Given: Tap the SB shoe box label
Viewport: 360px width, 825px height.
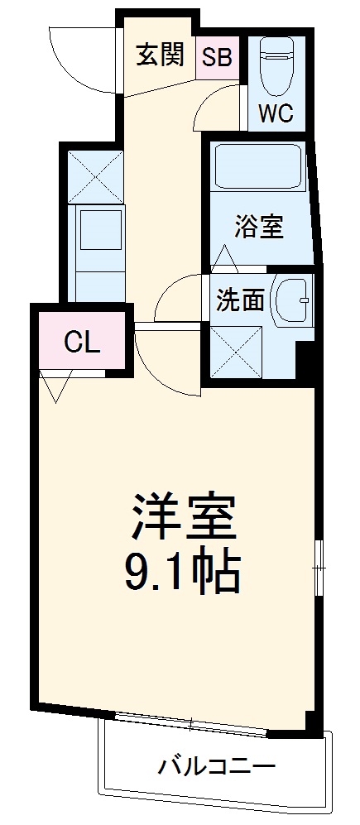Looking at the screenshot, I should (x=217, y=58).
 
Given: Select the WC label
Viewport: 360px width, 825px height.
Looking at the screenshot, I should (x=276, y=113).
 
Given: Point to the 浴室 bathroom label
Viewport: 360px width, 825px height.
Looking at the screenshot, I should (x=259, y=226).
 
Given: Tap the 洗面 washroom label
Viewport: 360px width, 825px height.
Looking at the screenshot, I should (x=240, y=300).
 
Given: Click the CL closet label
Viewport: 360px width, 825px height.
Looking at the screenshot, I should (x=82, y=342).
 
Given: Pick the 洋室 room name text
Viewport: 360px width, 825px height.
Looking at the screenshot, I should (x=182, y=518).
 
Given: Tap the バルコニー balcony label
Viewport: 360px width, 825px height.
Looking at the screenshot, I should (x=217, y=766).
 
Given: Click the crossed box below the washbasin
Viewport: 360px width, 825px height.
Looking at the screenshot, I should (x=238, y=352).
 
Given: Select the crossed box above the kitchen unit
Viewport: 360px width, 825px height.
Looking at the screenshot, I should (x=94, y=176).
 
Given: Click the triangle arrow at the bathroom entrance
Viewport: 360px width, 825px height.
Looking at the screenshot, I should (x=225, y=259).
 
